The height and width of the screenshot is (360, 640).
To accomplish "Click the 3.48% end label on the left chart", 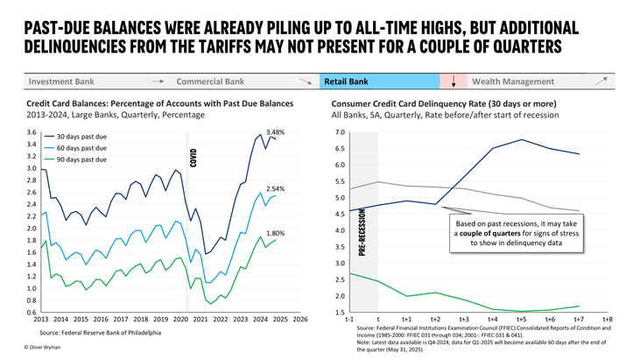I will (275, 132).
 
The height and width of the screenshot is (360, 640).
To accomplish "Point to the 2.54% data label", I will (275, 188).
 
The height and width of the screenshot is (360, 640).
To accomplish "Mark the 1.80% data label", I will (275, 233).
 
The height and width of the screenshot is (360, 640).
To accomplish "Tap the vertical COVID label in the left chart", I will (193, 158).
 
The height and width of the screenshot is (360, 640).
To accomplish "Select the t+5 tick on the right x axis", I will (521, 320).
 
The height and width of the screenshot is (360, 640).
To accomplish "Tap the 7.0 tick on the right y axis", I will (340, 132).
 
